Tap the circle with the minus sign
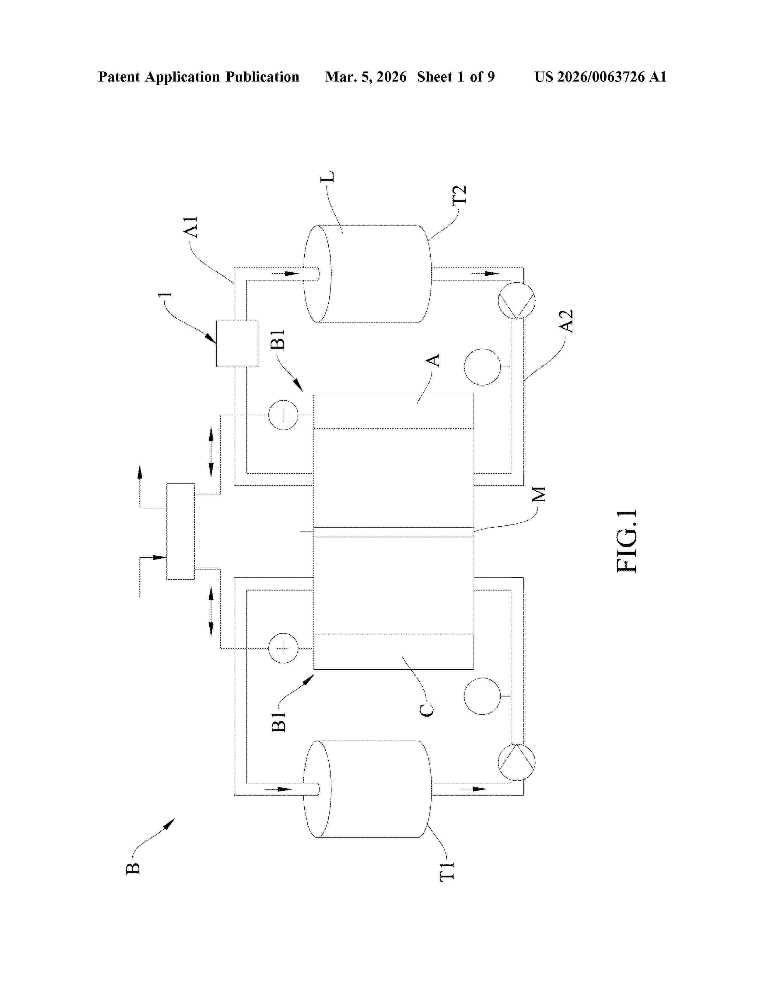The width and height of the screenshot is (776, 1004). (x=283, y=415)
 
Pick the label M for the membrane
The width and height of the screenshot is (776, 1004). (x=538, y=494)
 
